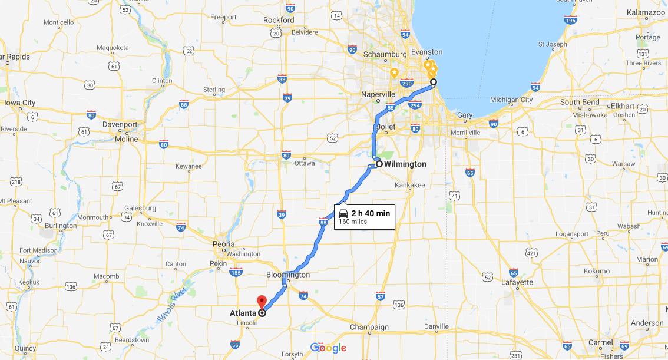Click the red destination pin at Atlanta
point(262,301)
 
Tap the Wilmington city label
point(405,164)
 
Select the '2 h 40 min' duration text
point(371,213)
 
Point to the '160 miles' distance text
point(353,222)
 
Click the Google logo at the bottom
point(328,348)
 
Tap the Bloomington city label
point(287,275)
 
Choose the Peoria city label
point(223,244)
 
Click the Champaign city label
point(369,327)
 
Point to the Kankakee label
point(409,185)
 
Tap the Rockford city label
point(279,20)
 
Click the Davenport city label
point(120,125)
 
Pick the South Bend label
point(580,103)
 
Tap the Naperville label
point(378,94)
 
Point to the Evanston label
point(428,52)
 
